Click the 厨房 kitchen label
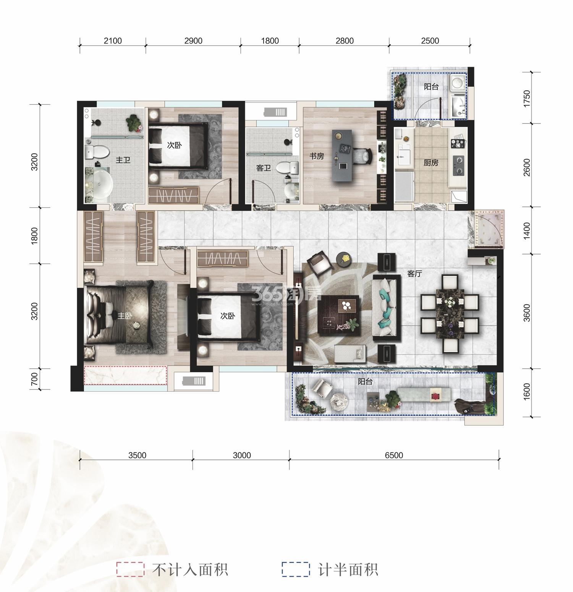pyautogui.click(x=431, y=163)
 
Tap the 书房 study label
pyautogui.click(x=317, y=156)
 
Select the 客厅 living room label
pyautogui.click(x=414, y=274)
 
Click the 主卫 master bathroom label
pyautogui.click(x=123, y=160)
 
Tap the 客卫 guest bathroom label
pyautogui.click(x=264, y=168)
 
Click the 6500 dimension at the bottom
pyautogui.click(x=394, y=455)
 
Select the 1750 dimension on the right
pyautogui.click(x=527, y=99)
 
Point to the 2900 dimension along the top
pyautogui.click(x=193, y=41)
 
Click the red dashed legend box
pyautogui.click(x=130, y=569)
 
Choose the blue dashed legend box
pyautogui.click(x=296, y=569)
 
